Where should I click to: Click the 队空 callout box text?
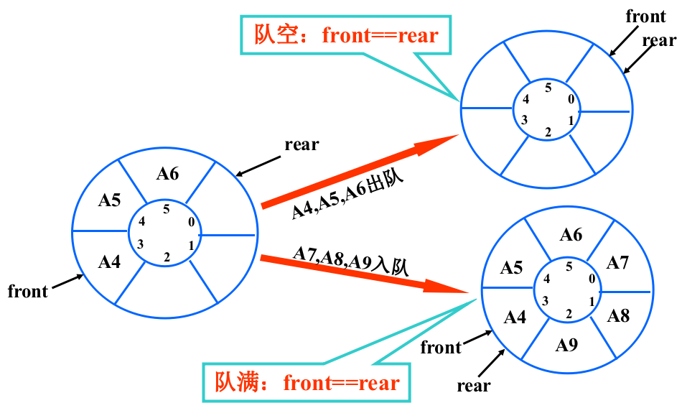point(346,35)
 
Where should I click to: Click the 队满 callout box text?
point(307,383)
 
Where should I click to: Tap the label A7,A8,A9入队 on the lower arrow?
point(351,260)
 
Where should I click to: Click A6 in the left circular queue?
point(167,174)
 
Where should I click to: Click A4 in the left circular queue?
point(109,262)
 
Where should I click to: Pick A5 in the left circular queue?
point(109,200)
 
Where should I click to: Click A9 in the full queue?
point(566,345)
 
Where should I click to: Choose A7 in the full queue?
point(617,263)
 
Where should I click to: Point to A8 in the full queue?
point(618,316)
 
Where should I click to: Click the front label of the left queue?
point(28,291)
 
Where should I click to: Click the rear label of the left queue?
point(302,144)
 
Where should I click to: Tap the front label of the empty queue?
point(646,17)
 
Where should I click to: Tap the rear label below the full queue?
point(474,386)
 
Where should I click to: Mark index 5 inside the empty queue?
point(548,88)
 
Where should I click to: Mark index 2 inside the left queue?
point(167,258)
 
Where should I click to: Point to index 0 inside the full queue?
point(592,279)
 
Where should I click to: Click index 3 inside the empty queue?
point(525,120)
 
